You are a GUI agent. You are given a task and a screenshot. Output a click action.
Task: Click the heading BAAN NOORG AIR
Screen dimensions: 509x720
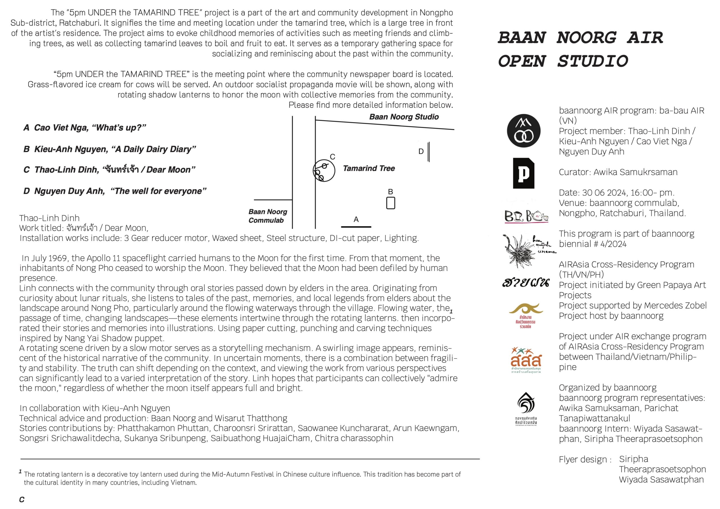point(580,38)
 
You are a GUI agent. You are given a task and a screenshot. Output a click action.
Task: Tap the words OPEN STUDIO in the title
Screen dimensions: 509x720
point(563,61)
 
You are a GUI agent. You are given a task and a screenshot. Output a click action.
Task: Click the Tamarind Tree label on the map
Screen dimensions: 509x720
point(369,168)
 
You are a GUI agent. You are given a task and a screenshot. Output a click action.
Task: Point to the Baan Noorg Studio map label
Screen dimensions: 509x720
point(404,117)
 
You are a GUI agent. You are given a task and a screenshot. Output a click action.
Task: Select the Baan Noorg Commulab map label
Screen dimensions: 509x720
point(267,216)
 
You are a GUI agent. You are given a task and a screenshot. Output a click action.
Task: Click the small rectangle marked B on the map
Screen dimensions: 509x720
point(390,203)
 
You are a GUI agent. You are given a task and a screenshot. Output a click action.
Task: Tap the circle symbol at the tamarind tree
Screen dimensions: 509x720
point(324,171)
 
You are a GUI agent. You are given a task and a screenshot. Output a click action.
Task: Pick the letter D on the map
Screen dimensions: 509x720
point(421,152)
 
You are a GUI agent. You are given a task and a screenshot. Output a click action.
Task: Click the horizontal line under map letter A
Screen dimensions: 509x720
point(356,226)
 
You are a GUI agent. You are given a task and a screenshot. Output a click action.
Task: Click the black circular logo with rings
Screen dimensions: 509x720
point(523,131)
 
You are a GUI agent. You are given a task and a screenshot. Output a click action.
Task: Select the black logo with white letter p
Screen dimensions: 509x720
point(523,173)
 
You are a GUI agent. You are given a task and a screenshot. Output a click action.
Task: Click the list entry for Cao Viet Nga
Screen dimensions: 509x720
point(85,128)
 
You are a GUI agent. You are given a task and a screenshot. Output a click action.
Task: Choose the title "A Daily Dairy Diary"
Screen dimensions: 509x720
point(155,149)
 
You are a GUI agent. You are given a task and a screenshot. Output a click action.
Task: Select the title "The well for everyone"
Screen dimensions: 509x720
point(158,191)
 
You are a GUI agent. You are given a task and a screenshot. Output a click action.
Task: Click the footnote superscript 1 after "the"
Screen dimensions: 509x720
point(451,311)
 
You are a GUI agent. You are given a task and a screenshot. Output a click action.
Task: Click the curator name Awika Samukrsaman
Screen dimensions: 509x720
point(635,172)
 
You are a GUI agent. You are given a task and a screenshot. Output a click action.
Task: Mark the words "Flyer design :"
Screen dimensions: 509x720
point(585,460)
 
